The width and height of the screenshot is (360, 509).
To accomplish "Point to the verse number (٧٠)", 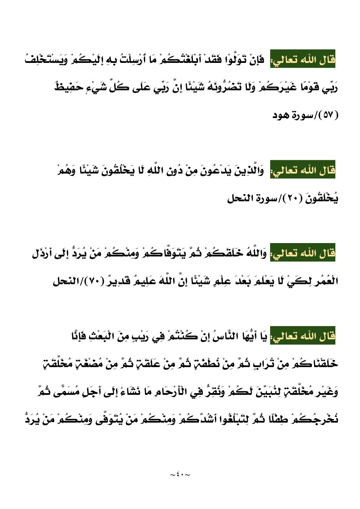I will click(x=106, y=281).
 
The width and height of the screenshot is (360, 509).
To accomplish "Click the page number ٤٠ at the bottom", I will click(x=180, y=475).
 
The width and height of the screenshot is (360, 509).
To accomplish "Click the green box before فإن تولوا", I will click(x=303, y=60).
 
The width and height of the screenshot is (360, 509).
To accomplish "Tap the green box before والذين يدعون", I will click(x=303, y=170).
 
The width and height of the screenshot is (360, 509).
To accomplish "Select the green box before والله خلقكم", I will click(x=303, y=253).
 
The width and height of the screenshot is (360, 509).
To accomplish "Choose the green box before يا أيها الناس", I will click(x=303, y=336).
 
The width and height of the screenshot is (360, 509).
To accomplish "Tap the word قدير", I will click(x=126, y=281).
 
